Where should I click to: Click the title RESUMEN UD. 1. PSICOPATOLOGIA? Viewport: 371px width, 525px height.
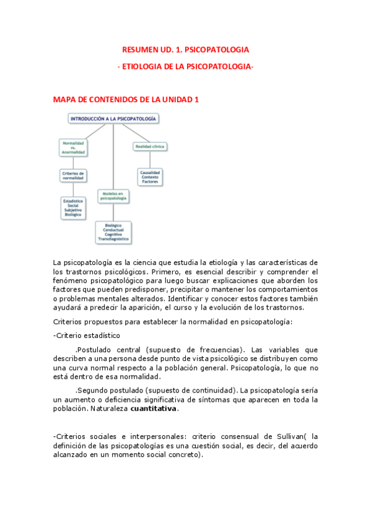(186, 49)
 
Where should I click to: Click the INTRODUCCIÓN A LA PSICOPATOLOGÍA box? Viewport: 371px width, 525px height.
(113, 118)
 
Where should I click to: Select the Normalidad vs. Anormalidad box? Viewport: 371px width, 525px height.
(74, 147)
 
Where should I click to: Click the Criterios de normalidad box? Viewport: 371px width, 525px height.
(73, 175)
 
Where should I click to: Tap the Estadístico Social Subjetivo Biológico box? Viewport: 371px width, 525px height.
(73, 208)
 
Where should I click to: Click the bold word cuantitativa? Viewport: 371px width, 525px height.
(154, 409)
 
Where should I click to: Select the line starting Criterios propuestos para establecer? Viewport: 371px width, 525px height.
(173, 321)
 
